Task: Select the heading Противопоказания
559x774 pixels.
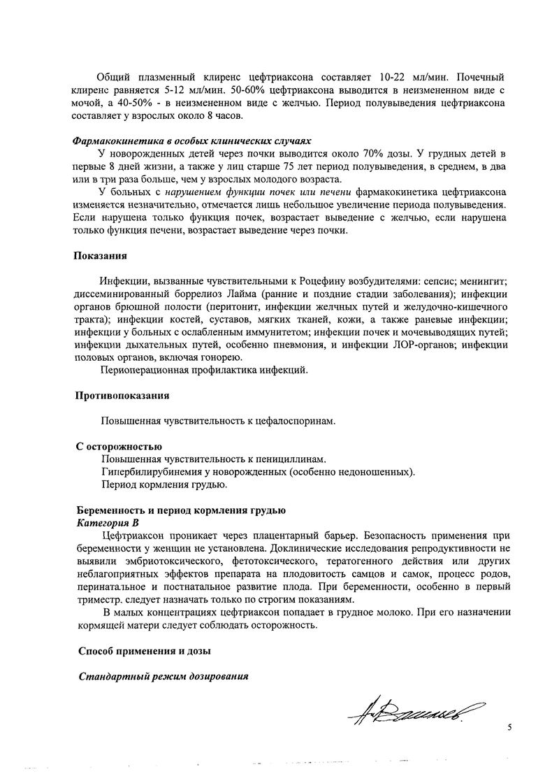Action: (x=122, y=396)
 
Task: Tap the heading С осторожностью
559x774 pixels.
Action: (x=119, y=446)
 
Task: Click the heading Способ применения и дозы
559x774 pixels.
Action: (x=145, y=652)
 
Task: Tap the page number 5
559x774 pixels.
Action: (x=509, y=728)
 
